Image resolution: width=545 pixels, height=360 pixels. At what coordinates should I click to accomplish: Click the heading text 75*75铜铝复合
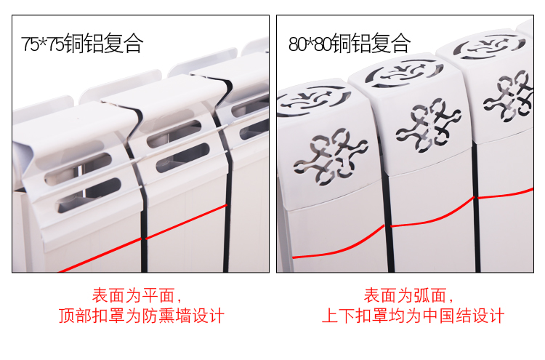point(82,43)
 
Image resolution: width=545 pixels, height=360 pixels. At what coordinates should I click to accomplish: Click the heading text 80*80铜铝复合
point(350,43)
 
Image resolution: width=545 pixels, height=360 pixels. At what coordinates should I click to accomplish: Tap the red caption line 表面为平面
point(137,296)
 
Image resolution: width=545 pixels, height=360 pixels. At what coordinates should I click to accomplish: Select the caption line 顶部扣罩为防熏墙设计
point(142,316)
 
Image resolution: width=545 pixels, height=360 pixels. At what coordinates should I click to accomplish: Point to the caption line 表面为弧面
point(408,296)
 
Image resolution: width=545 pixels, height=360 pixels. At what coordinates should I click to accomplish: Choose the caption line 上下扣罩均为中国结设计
point(413,316)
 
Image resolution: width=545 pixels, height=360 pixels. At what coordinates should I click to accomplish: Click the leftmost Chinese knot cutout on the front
point(331,156)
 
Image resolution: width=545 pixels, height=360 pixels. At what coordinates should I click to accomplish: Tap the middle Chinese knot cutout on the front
point(428,125)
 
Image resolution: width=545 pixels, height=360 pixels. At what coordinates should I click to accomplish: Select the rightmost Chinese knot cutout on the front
point(508,96)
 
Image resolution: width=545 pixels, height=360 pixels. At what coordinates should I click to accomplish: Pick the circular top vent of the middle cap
point(404,73)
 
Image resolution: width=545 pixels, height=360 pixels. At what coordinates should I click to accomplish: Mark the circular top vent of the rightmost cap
point(489,47)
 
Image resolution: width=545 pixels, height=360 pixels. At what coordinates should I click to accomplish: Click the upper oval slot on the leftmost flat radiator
point(78,169)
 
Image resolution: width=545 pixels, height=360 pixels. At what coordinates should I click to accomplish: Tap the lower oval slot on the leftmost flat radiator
point(89,196)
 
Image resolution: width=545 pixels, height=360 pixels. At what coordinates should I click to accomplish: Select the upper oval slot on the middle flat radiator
point(174,134)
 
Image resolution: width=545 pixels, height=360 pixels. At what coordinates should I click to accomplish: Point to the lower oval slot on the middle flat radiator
point(182,158)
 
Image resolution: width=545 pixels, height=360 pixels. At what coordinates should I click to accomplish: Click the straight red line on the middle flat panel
point(187,222)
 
